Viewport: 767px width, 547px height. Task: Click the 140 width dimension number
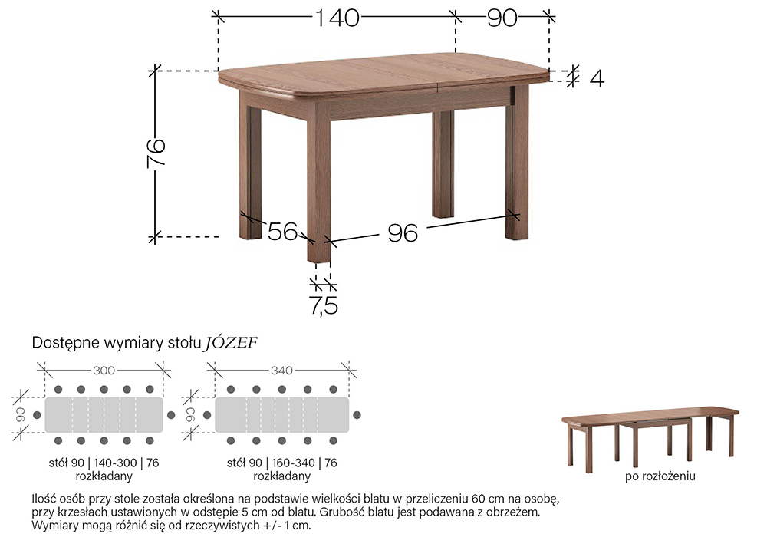[337, 18]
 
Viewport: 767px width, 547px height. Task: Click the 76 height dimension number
[156, 153]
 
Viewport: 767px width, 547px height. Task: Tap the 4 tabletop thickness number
[597, 78]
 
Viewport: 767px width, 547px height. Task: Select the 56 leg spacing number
[283, 231]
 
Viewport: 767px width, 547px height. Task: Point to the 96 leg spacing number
[403, 233]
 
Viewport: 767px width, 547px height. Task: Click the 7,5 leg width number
[324, 305]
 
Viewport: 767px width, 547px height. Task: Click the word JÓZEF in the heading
[231, 342]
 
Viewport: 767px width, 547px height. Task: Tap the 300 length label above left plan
[104, 371]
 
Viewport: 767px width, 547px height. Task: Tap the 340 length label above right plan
[281, 371]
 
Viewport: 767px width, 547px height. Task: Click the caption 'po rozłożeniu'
[660, 476]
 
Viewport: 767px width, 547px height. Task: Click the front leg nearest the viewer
[318, 181]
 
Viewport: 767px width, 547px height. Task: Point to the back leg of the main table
[443, 164]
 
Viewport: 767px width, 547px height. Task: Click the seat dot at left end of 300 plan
[37, 415]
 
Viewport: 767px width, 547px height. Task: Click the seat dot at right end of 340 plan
[357, 415]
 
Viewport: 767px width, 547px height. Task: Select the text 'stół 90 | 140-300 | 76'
[104, 463]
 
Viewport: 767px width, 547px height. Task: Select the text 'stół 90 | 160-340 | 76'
[281, 463]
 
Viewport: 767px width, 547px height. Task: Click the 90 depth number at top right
[502, 18]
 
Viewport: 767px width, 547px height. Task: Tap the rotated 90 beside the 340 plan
[191, 415]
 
